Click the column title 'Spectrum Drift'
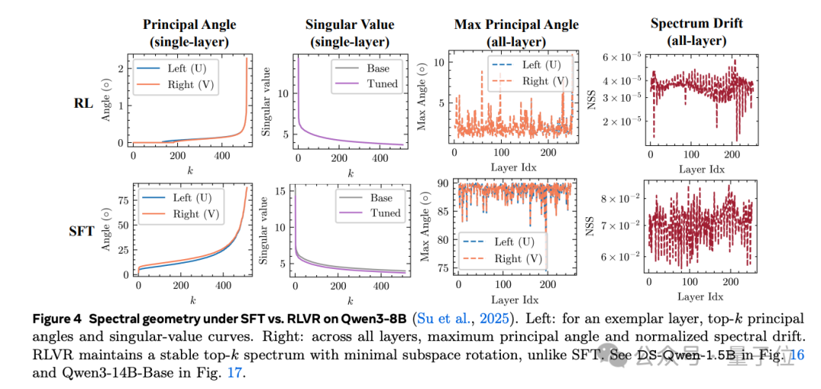click(x=696, y=24)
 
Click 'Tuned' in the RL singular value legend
click(x=382, y=83)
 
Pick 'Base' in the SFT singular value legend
click(x=381, y=198)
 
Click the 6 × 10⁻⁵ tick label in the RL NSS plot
click(x=613, y=56)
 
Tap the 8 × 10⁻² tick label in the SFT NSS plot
click(x=613, y=199)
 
